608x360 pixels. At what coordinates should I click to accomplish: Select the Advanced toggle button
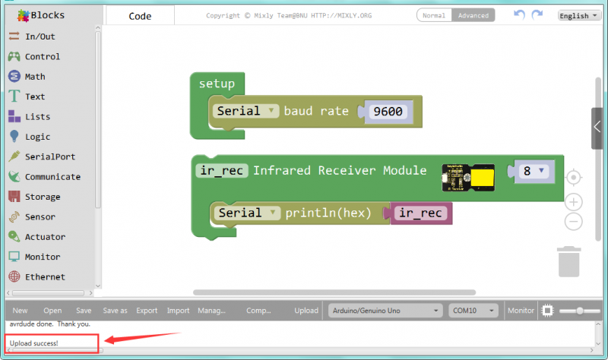[x=473, y=15]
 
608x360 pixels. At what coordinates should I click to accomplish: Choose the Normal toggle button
[x=434, y=15]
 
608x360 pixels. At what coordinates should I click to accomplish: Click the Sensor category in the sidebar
[x=40, y=216]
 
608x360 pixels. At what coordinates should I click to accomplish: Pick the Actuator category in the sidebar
[x=45, y=237]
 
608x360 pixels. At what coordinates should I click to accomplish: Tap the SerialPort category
[x=49, y=156]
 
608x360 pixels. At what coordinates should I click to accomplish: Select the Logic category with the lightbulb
[x=37, y=137]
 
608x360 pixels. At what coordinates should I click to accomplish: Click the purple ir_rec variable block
[x=421, y=213]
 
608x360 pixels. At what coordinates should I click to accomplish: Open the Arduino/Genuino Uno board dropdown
[x=386, y=311]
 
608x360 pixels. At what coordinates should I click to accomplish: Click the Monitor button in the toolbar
[x=521, y=311]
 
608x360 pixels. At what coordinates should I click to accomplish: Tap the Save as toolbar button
[x=115, y=311]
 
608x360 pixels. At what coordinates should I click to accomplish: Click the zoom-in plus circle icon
[x=575, y=202]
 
